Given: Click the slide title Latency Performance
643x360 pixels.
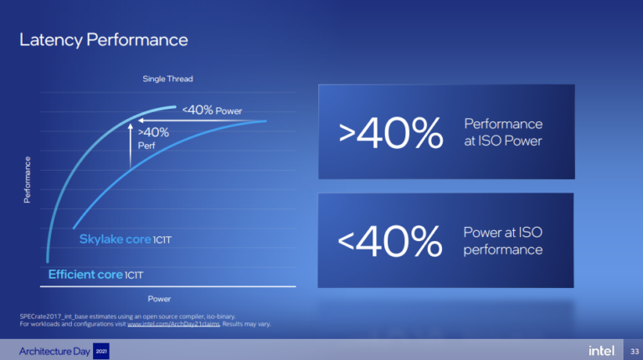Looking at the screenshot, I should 103,39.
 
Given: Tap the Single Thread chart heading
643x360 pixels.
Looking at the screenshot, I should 167,79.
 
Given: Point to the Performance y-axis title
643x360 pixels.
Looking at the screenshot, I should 28,179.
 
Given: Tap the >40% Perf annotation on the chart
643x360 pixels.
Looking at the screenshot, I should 152,137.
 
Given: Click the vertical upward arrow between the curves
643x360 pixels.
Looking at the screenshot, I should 130,146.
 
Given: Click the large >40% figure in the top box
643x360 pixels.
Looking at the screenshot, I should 389,132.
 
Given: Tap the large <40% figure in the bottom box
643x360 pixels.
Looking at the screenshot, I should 389,242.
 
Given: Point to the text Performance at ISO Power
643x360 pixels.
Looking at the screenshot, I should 503,131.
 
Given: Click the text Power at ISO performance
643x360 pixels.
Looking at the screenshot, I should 503,241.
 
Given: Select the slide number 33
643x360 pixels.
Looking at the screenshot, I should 633,349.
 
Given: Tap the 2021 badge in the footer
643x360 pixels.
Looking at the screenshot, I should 100,349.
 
